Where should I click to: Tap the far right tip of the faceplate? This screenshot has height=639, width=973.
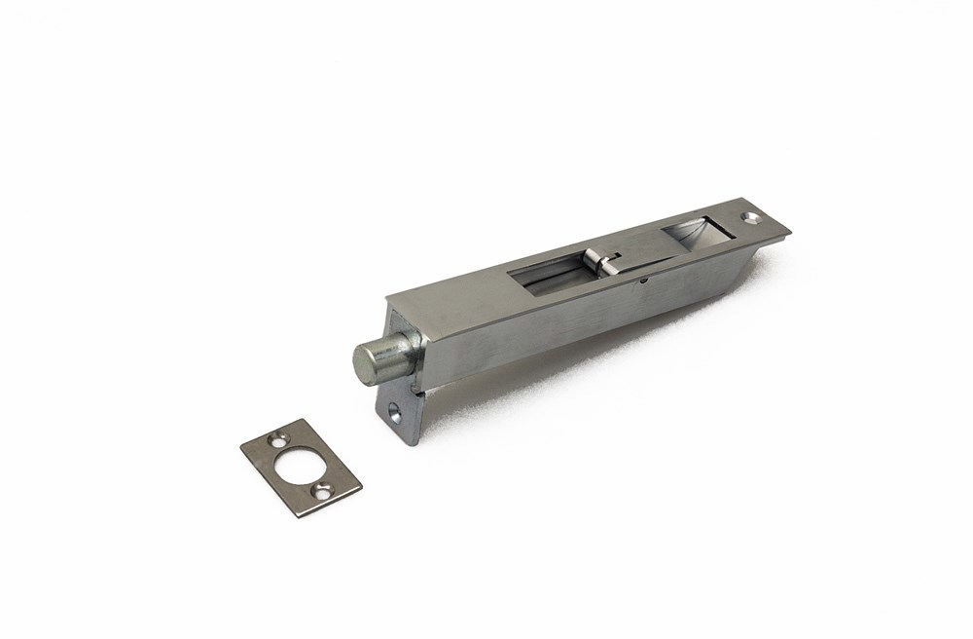pyautogui.click(x=789, y=230)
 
